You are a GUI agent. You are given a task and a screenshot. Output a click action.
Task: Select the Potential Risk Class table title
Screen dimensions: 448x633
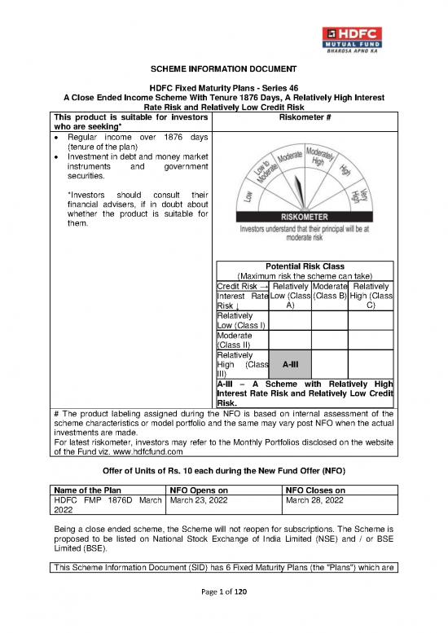[305, 266]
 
